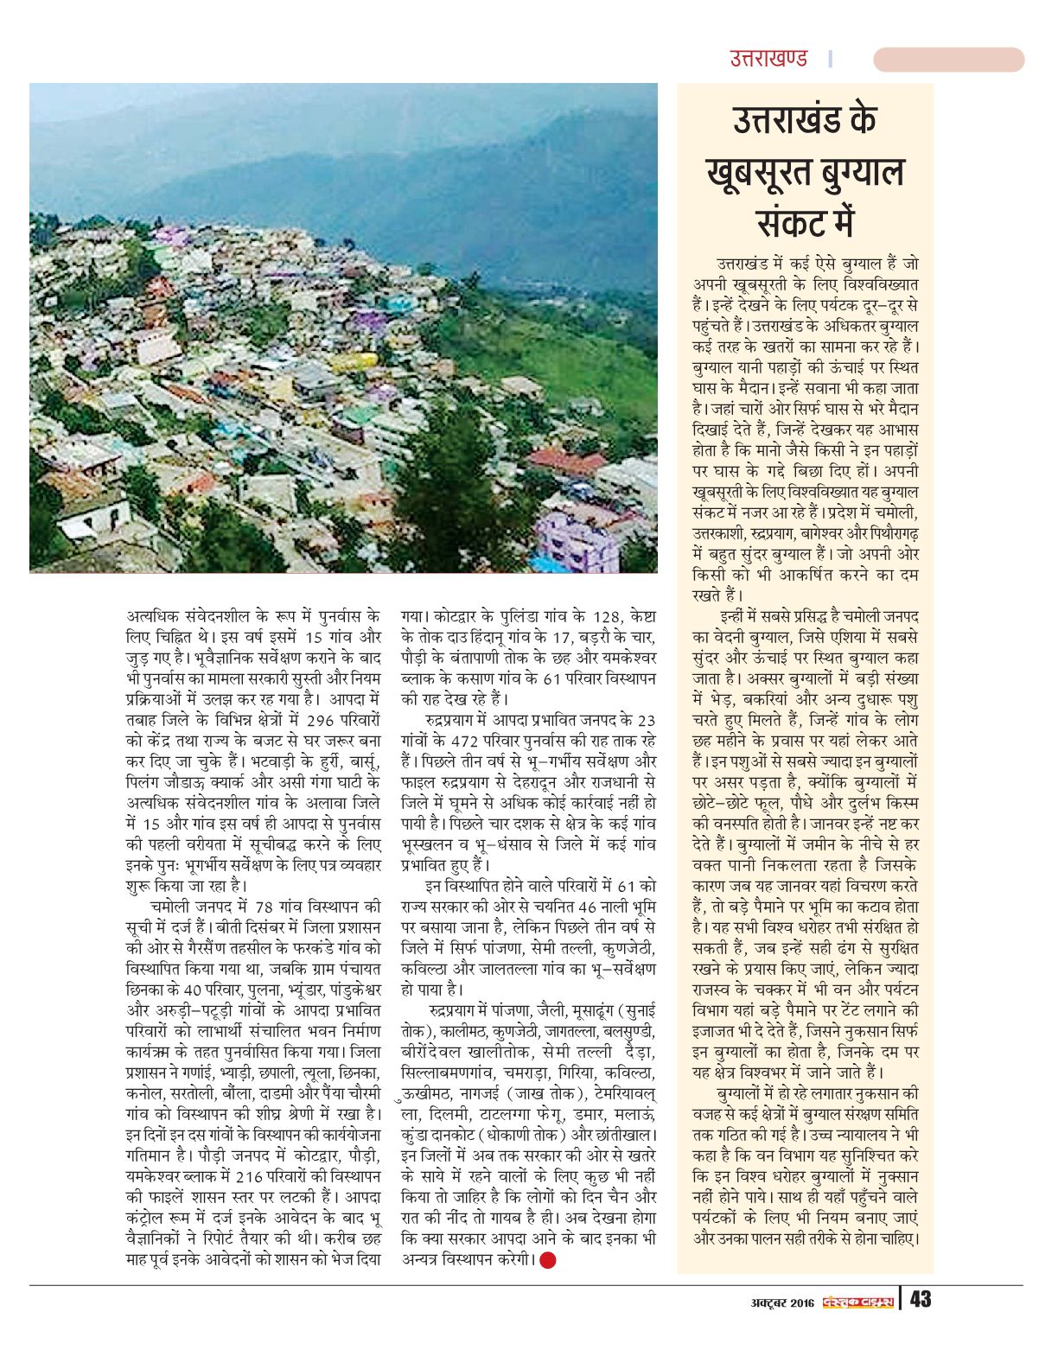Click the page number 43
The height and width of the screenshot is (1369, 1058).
click(920, 1299)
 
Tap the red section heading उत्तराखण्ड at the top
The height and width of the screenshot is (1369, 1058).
click(768, 59)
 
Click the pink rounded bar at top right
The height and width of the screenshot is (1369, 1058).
click(948, 60)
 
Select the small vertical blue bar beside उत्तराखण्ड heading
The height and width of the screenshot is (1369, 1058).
click(831, 59)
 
